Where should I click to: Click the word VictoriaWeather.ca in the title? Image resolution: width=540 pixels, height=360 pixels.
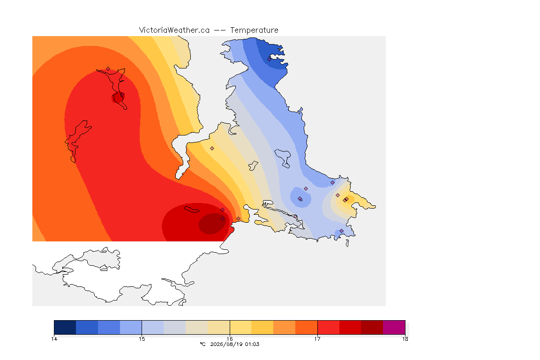[174, 30]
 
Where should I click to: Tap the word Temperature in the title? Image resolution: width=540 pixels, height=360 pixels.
[254, 30]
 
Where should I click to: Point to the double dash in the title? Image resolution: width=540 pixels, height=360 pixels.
[220, 30]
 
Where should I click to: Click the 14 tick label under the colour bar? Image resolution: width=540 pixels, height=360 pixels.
[54, 339]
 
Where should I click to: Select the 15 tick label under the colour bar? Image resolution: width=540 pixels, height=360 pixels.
[142, 339]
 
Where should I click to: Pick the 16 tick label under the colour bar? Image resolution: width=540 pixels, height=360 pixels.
[230, 339]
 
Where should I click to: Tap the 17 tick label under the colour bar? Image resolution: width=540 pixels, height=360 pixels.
[317, 339]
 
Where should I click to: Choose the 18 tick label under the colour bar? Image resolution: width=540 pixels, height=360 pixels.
[405, 339]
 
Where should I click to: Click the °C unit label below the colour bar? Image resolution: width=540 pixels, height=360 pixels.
[202, 344]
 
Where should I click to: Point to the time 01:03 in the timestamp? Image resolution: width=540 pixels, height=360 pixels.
[252, 344]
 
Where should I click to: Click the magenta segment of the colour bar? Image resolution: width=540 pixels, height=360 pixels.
[394, 327]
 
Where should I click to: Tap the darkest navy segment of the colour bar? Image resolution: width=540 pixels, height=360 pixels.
[65, 327]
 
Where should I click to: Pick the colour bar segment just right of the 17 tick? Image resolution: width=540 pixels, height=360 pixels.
[328, 327]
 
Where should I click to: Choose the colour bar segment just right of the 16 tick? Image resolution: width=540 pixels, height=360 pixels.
[241, 327]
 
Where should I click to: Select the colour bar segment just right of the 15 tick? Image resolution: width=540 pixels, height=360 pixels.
[153, 327]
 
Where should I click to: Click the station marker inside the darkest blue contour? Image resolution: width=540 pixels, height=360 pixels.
[270, 59]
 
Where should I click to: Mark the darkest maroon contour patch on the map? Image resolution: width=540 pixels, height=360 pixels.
[212, 224]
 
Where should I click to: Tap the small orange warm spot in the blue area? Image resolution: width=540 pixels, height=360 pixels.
[345, 200]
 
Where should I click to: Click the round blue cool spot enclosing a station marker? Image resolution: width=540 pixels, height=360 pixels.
[300, 197]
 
